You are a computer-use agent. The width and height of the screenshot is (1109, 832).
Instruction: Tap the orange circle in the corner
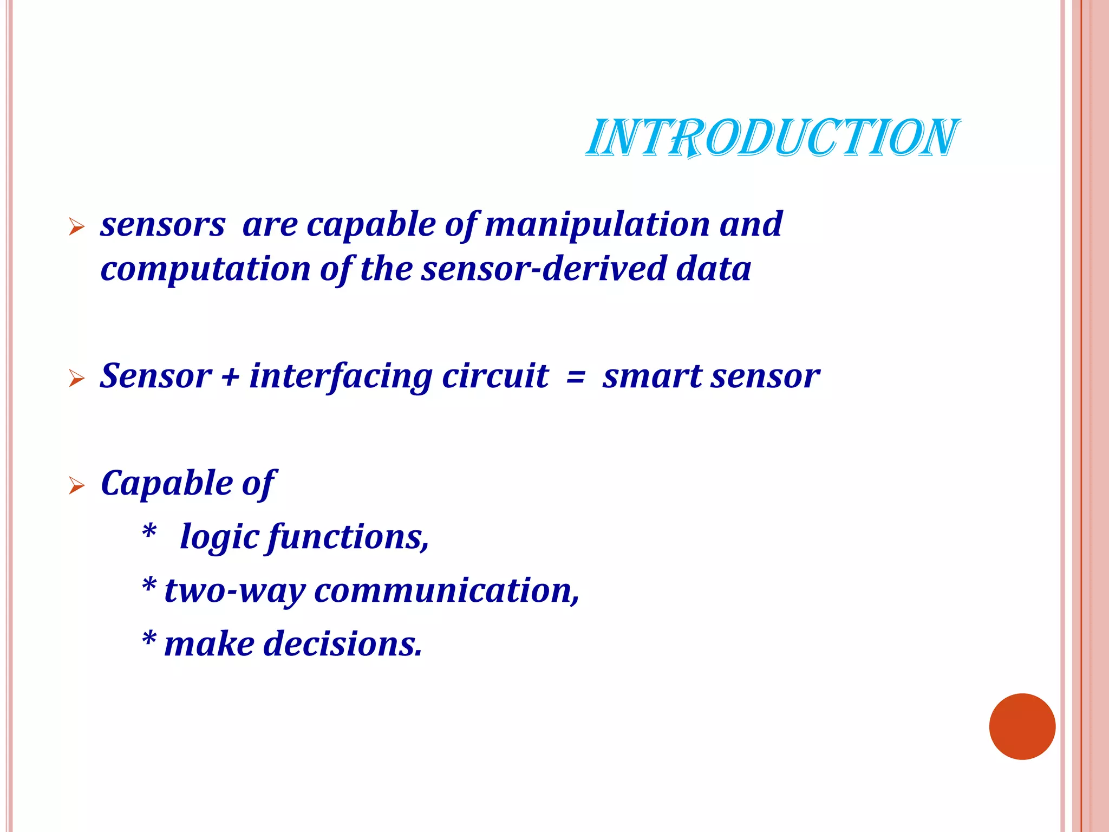tap(1022, 726)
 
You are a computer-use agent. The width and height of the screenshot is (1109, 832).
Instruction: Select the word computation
tap(205, 269)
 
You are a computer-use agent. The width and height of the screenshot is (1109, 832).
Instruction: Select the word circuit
tap(495, 376)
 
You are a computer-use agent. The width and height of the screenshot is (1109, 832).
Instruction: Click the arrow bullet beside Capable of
tap(77, 486)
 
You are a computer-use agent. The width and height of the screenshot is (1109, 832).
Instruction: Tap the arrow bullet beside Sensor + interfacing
tap(77, 379)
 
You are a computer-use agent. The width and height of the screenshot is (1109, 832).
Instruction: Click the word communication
tap(447, 590)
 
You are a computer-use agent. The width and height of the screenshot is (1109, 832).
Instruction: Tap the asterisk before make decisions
tap(149, 639)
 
